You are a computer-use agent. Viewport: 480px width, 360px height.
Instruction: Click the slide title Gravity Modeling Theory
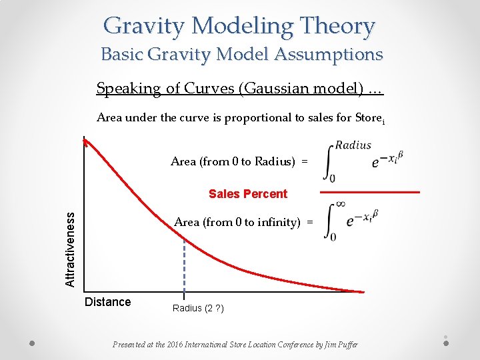[239, 26]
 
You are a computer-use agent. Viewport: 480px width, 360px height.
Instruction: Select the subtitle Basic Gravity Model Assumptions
[242, 54]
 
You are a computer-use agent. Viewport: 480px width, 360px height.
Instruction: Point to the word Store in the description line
[366, 118]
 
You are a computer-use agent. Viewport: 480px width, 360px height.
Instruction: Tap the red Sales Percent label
[248, 194]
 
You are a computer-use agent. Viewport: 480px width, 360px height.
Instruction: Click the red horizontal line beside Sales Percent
[370, 193]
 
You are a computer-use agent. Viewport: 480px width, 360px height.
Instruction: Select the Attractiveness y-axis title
[70, 249]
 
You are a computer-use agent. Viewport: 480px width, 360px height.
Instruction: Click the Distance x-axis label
[108, 302]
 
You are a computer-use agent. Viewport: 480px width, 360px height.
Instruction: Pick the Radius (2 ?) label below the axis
[198, 308]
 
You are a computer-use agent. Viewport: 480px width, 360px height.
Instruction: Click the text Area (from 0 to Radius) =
[239, 161]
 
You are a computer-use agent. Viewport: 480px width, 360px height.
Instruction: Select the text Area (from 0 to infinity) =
[243, 222]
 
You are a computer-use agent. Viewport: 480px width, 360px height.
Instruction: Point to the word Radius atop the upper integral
[353, 145]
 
